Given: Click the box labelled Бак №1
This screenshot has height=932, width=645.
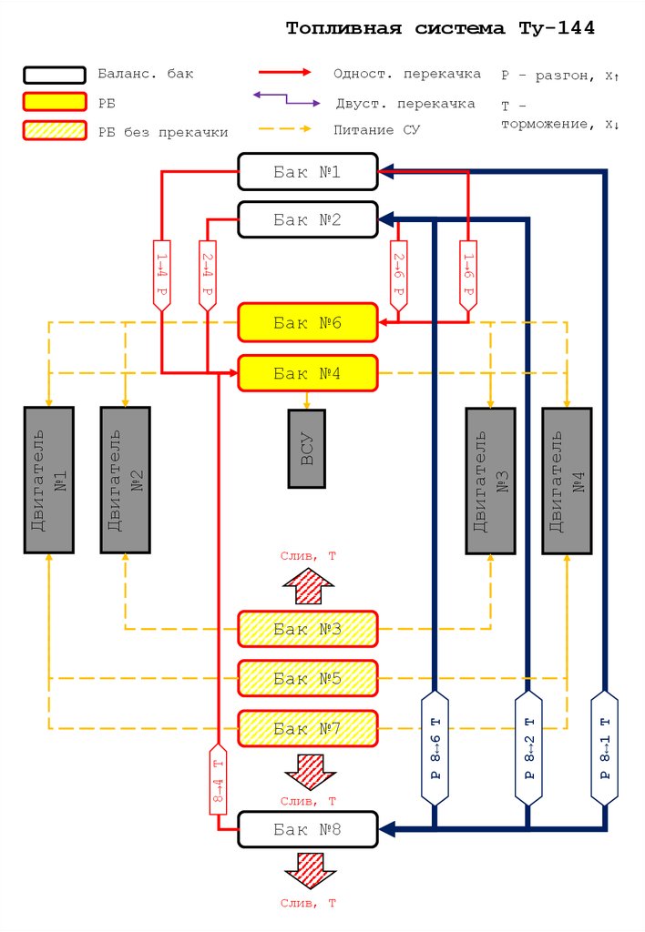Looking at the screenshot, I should (307, 170).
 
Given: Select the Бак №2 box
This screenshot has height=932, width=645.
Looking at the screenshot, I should (307, 219).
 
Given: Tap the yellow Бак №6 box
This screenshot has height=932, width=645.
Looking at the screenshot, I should (307, 322).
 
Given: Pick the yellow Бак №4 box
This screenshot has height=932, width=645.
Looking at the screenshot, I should (307, 372).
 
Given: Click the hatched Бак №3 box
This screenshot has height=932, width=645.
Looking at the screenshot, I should (307, 629).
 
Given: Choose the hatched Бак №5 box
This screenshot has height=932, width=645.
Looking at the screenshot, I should (307, 678).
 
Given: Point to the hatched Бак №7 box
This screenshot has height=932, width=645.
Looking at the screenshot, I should (307, 728).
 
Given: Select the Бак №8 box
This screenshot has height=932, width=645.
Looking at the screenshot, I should (307, 829).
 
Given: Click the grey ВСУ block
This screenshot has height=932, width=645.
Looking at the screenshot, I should (307, 448).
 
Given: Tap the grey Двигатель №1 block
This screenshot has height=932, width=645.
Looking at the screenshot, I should (48, 480).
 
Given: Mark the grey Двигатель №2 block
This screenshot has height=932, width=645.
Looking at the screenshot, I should (125, 480).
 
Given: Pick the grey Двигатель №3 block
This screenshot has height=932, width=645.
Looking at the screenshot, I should (491, 480).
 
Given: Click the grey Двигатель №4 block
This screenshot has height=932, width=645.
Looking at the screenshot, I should (567, 480).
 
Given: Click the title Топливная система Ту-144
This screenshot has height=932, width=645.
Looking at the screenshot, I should (440, 28).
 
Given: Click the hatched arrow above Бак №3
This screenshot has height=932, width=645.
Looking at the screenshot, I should (307, 585).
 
